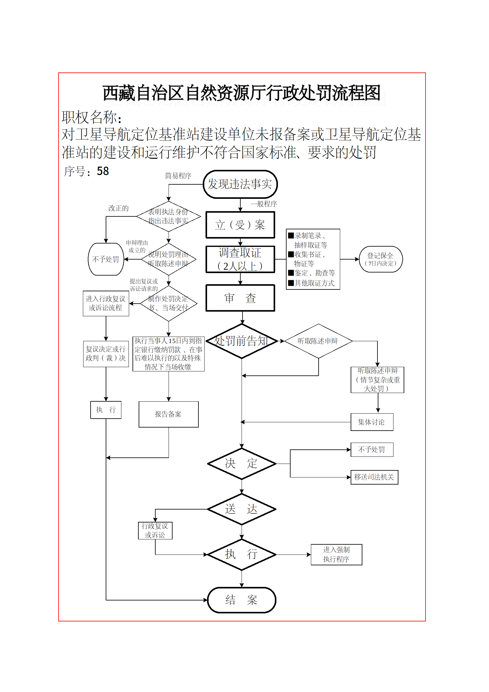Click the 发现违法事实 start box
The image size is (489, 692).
240,184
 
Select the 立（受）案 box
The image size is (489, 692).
240,225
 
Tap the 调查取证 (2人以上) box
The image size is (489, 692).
240,259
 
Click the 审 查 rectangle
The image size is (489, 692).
240,298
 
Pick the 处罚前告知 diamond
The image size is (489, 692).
242,341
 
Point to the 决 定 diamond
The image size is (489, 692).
242,463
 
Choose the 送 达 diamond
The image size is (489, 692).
242,509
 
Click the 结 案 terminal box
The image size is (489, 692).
242,600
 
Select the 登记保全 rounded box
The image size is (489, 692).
381,259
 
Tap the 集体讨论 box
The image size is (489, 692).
372,422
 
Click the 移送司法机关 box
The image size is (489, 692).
374,477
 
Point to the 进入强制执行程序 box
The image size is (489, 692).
336,555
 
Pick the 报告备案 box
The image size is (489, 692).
168,414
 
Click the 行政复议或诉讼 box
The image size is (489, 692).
155,530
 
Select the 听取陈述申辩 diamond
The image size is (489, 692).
318,341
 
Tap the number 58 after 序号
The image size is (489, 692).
103,171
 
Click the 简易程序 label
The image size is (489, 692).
178,176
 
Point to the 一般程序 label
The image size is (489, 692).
263,204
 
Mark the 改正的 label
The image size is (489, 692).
118,208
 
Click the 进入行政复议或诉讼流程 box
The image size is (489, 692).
106,303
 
